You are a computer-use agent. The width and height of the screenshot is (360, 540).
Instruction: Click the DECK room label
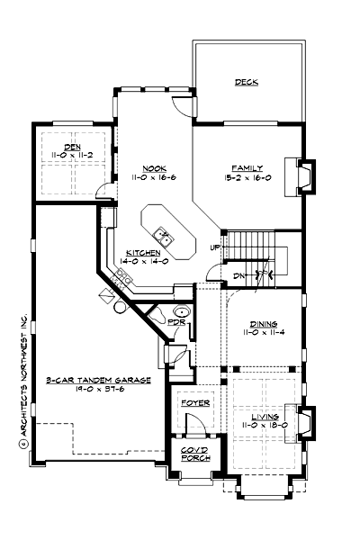click(247, 82)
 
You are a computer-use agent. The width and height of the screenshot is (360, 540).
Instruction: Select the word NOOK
click(154, 167)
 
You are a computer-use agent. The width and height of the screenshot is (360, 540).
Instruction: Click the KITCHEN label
click(143, 253)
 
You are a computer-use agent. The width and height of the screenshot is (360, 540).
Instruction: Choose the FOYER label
click(195, 404)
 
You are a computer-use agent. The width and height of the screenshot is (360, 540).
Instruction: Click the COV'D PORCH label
click(193, 453)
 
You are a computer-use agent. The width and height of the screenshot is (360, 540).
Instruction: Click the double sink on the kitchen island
click(165, 236)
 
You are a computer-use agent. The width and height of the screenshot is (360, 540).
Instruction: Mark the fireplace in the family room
click(306, 175)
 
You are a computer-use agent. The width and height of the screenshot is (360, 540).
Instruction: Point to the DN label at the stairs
click(239, 275)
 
